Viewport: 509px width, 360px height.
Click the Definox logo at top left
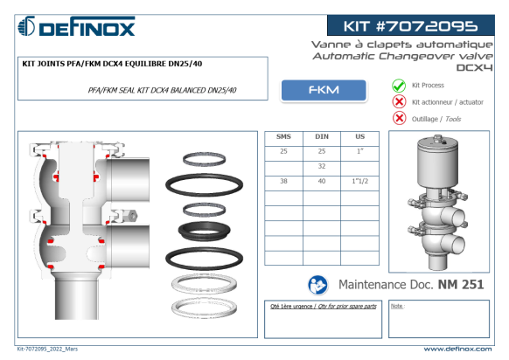coord(76,26)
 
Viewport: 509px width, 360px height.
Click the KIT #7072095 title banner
coord(411,25)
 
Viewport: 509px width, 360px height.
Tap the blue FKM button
coord(324,90)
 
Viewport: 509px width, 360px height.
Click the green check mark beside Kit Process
coord(399,86)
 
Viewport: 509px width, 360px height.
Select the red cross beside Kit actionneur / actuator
coord(399,102)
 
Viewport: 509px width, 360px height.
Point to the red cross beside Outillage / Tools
coord(399,118)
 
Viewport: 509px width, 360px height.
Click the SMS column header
coord(283,136)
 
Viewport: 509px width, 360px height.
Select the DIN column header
coord(322,136)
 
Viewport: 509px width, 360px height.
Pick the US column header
coord(359,136)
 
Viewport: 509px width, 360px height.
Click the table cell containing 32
coord(322,166)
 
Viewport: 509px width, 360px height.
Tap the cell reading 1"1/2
coord(360,181)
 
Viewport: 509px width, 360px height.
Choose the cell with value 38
coord(283,181)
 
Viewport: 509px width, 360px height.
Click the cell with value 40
coord(322,181)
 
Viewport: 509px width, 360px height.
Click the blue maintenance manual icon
coord(317,285)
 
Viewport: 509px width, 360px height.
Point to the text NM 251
coord(461,285)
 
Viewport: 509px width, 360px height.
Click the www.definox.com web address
coord(457,350)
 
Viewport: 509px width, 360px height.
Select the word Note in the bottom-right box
coord(396,306)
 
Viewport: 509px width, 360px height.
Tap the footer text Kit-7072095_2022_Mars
coord(47,349)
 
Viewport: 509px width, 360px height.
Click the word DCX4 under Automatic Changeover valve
coord(474,67)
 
